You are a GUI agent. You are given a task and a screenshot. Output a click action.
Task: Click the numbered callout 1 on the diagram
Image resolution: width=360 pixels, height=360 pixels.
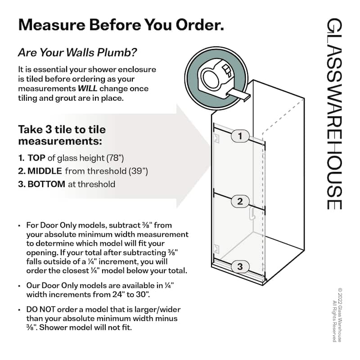pyautogui.click(x=240, y=136)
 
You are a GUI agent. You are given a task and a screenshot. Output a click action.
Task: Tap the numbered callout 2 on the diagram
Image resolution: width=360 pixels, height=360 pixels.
pyautogui.click(x=240, y=201)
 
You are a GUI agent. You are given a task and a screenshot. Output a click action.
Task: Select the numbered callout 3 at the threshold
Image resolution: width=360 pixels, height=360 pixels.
pyautogui.click(x=240, y=266)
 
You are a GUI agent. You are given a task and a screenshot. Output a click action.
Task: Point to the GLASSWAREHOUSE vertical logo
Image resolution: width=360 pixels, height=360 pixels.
pyautogui.click(x=334, y=114)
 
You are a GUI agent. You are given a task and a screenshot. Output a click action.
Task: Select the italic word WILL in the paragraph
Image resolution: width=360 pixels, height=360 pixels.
pyautogui.click(x=87, y=88)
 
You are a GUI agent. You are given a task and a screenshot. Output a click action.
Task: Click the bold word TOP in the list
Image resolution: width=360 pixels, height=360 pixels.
pyautogui.click(x=36, y=158)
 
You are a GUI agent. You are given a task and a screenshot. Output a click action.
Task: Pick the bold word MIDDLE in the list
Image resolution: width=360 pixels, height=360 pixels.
pyautogui.click(x=45, y=171)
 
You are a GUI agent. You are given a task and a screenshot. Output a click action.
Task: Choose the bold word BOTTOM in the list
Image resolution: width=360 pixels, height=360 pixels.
pyautogui.click(x=46, y=184)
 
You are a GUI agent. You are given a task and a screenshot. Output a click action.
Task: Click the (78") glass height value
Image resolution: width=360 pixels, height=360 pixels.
pyautogui.click(x=115, y=158)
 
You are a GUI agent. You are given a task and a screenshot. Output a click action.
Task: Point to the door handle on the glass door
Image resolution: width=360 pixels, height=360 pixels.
pyautogui.click(x=252, y=213)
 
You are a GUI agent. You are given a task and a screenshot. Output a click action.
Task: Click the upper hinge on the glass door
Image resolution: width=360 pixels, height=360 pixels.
pyautogui.click(x=216, y=138)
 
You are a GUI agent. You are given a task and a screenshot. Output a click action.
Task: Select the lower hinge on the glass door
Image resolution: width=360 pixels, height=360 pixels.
pyautogui.click(x=216, y=249)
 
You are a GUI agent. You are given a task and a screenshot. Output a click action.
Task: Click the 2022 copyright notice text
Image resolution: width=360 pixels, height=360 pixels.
pyautogui.click(x=337, y=315)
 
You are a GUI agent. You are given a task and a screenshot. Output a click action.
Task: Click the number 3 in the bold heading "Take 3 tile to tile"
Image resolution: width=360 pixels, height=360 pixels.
pyautogui.click(x=49, y=130)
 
